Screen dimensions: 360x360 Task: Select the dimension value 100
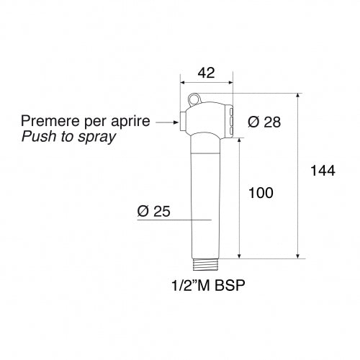(x=260, y=193)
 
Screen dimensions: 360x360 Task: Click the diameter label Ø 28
(x=264, y=122)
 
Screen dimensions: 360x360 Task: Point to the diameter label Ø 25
(x=153, y=211)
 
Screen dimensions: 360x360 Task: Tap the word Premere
(x=50, y=121)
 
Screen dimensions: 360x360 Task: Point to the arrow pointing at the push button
(x=165, y=122)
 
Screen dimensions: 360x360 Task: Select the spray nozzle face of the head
(x=232, y=120)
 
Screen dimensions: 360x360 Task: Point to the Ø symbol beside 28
(x=253, y=122)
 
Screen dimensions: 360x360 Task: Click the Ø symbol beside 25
(x=142, y=211)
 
